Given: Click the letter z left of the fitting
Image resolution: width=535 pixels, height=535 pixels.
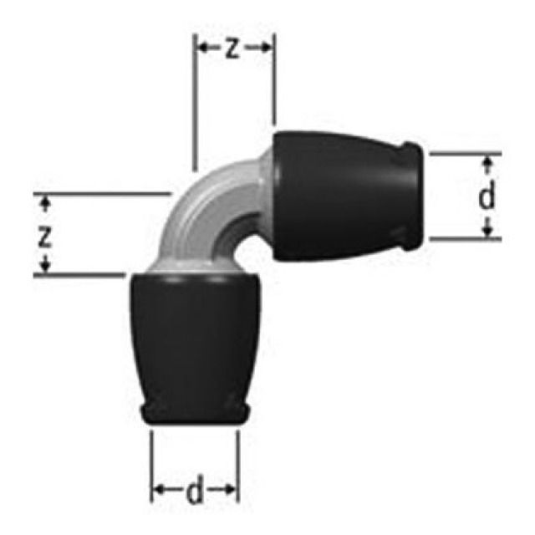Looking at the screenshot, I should click(46, 236).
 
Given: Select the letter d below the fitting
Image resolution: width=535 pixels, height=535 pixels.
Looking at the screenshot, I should click(194, 492).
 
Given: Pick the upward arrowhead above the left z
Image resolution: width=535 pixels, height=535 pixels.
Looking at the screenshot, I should click(46, 201).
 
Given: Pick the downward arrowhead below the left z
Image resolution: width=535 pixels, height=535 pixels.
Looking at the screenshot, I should click(46, 268).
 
